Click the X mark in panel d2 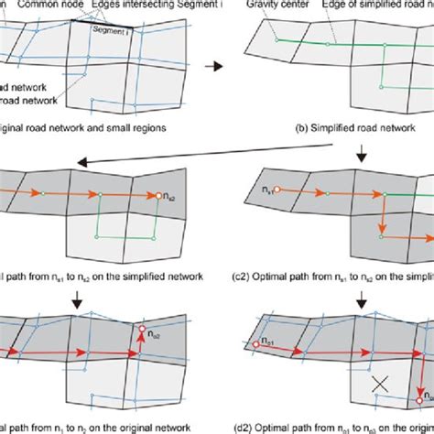[x=373, y=388]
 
